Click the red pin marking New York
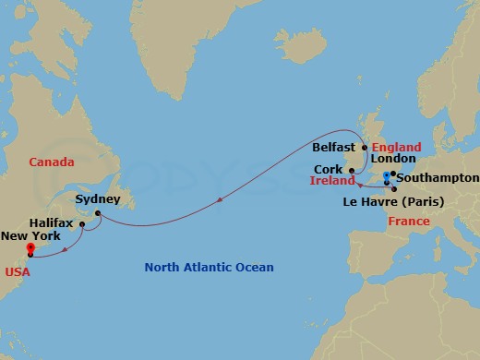coord(30,248)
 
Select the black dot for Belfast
coord(365,148)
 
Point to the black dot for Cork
coord(351,170)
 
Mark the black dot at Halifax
coord(81,224)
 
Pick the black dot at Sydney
coord(97,214)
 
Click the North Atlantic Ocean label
coord(209,268)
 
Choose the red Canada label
coord(51,162)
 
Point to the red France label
coord(408,222)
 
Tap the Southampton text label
coord(438,177)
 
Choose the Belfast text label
coord(333,147)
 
